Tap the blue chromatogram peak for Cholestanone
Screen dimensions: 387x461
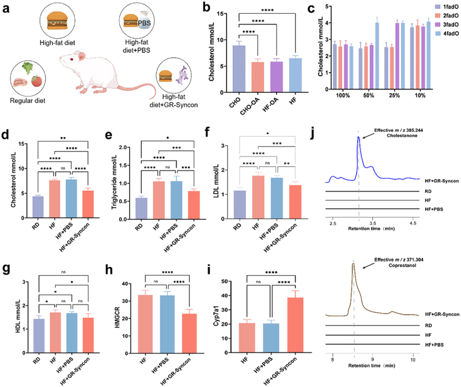pos(358,138)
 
